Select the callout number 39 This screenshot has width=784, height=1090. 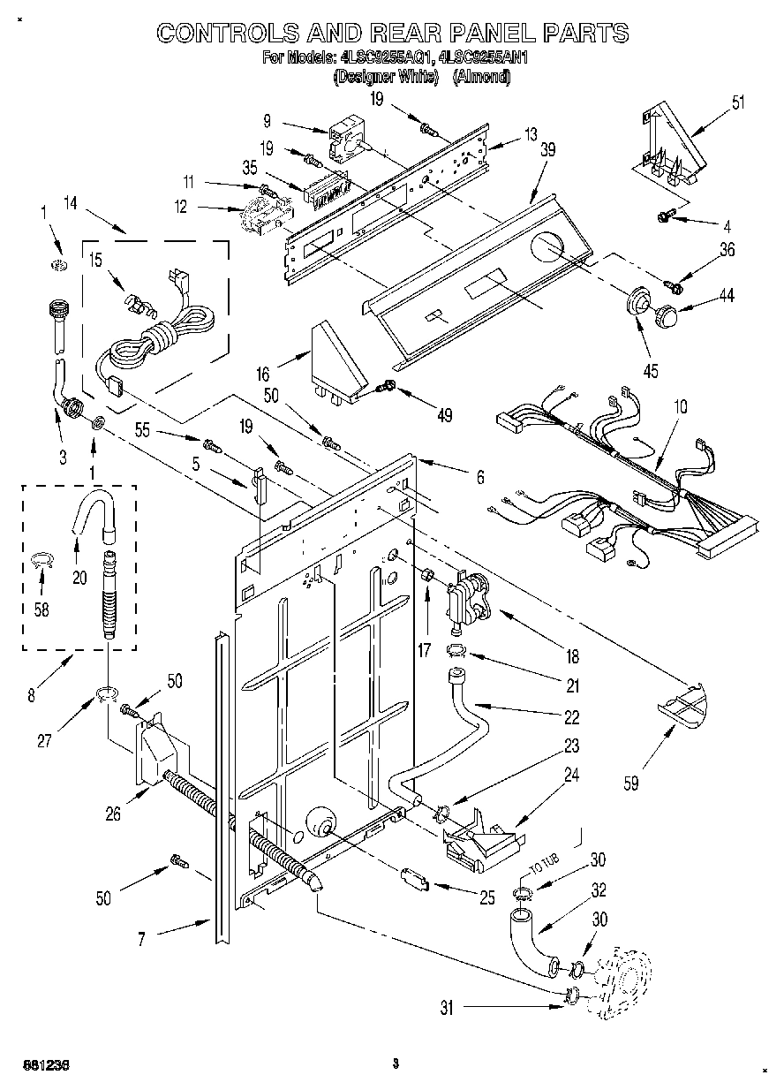point(548,150)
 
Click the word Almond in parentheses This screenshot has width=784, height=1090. point(481,77)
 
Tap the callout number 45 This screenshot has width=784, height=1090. point(651,371)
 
